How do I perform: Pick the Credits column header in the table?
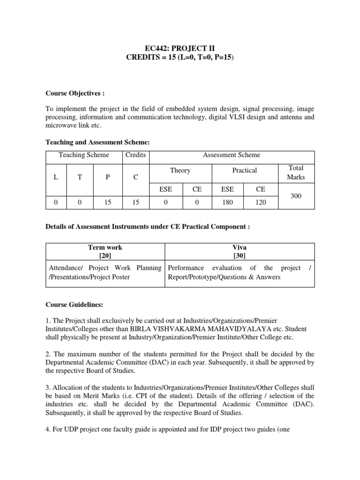[135, 155]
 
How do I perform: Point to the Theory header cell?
[180, 171]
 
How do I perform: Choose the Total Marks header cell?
[296, 172]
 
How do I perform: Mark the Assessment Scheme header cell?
[232, 155]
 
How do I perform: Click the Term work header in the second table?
[105, 247]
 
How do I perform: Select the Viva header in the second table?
[239, 247]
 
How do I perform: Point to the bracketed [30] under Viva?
[239, 255]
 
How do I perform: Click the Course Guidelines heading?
[73, 305]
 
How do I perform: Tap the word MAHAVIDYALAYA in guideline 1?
[217, 328]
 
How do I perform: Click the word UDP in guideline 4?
[73, 427]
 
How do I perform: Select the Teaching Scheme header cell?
[84, 155]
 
